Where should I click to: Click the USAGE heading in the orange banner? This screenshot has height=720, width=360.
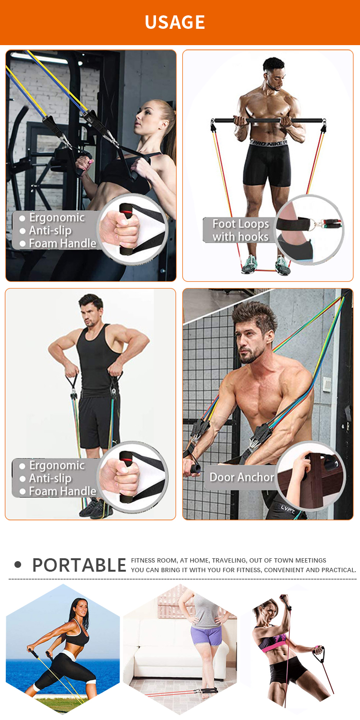coord(175,22)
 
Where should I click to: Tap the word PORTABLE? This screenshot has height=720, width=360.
coord(79,565)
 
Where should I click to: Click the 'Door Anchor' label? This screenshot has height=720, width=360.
coord(242,477)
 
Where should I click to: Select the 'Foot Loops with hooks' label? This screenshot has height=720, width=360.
coord(240,230)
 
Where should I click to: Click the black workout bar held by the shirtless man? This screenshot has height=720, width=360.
coord(267,121)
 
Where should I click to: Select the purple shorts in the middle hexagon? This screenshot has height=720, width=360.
coord(206,635)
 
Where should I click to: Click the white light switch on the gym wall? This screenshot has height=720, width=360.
coord(327,384)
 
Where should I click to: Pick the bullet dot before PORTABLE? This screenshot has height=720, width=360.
coord(18,565)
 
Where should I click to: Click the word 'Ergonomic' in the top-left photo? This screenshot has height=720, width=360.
coord(57,217)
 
